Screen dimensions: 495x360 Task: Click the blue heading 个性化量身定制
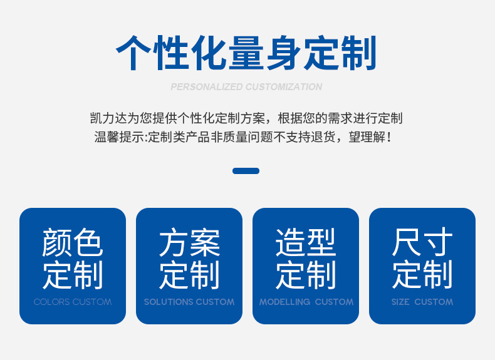click(x=246, y=53)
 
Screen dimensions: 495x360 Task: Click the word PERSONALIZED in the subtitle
click(x=207, y=87)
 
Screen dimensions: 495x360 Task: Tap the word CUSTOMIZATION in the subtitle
click(x=284, y=87)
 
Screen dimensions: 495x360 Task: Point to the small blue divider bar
click(x=246, y=171)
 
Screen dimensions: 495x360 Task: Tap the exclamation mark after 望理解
click(x=388, y=137)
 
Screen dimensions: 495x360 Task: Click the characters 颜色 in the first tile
click(x=73, y=242)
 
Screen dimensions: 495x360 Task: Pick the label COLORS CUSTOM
click(x=73, y=302)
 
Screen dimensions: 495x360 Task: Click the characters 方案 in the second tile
click(x=189, y=242)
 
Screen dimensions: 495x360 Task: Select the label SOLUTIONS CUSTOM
click(x=189, y=302)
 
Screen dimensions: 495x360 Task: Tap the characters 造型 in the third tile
click(x=306, y=242)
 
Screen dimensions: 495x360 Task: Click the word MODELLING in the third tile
click(x=284, y=302)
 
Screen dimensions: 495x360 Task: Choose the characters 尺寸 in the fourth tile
click(x=422, y=242)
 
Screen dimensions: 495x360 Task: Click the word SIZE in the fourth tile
click(x=400, y=302)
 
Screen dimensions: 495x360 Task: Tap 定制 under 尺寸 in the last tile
click(x=422, y=274)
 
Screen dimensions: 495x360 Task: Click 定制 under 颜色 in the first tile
click(x=73, y=275)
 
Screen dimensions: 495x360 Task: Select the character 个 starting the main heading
click(x=133, y=53)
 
